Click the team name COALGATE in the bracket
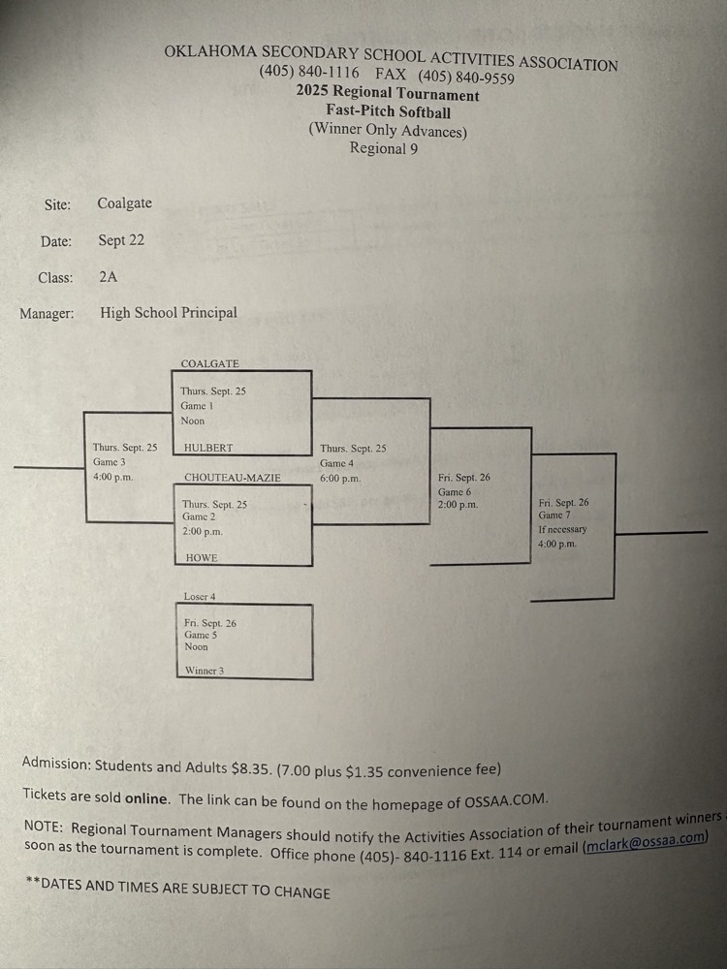(x=209, y=363)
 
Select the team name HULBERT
(x=208, y=449)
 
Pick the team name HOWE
(x=202, y=558)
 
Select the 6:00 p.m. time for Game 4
(x=340, y=478)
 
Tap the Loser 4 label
(x=200, y=596)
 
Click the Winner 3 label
(x=205, y=670)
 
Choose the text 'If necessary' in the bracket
(x=562, y=529)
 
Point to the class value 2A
(x=108, y=277)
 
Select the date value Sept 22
(x=121, y=240)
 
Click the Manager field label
(x=47, y=313)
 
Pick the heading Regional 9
(x=384, y=148)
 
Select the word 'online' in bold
(x=143, y=798)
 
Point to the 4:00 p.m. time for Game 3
(x=112, y=477)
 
